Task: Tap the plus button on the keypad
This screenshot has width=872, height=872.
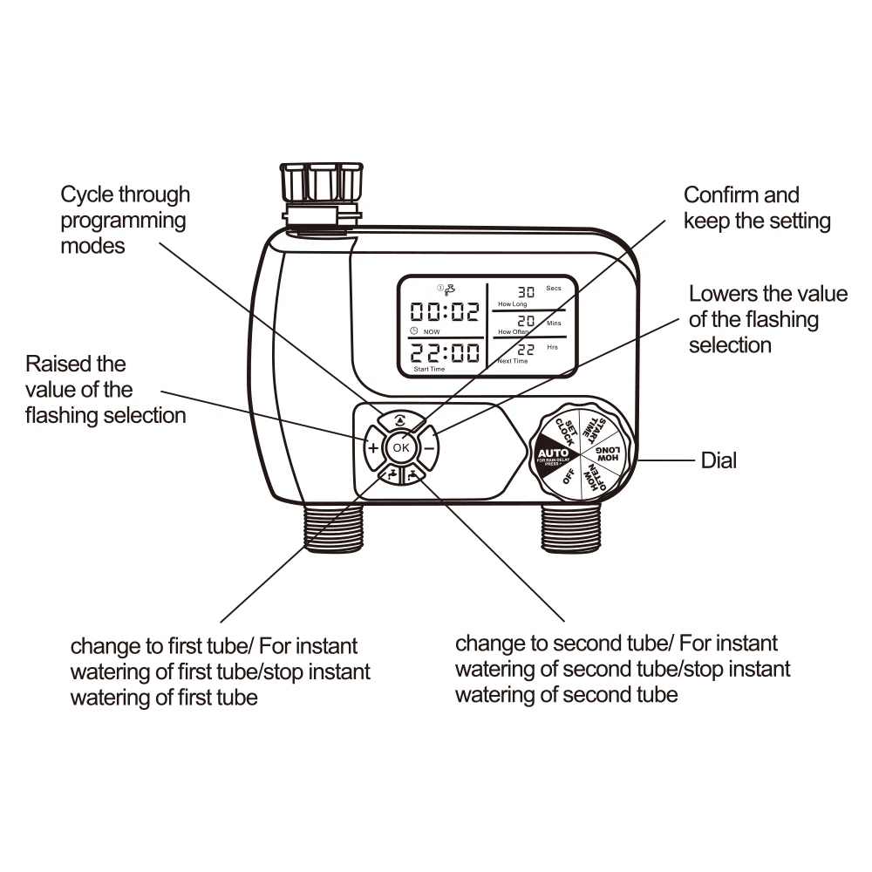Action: tap(372, 448)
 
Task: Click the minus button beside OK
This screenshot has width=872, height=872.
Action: tap(428, 448)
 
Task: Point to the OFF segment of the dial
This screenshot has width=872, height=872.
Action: tap(568, 479)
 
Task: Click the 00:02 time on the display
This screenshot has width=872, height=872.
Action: tap(445, 313)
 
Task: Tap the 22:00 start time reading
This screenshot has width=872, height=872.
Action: tap(445, 353)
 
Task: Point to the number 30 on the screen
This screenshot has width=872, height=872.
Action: tap(526, 292)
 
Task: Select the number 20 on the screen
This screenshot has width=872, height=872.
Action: tap(526, 322)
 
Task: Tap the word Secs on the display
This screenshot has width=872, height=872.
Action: tap(553, 288)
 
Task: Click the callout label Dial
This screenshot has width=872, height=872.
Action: tap(719, 460)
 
